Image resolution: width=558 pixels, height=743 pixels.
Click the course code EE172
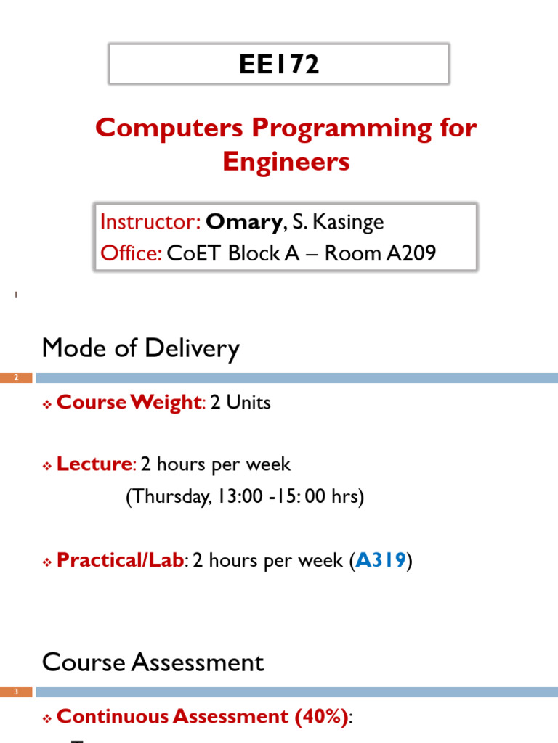tap(279, 65)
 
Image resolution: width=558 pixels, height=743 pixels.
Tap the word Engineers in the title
tap(286, 161)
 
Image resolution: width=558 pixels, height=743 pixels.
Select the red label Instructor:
tap(150, 222)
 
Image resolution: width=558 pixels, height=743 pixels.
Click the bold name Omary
tap(243, 222)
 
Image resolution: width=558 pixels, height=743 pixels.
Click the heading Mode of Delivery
tap(140, 349)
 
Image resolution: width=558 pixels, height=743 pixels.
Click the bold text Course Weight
tap(128, 403)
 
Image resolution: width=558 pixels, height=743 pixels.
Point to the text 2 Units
tap(240, 403)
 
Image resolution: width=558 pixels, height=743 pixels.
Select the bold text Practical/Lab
tap(121, 560)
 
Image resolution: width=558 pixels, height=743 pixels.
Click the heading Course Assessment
tap(153, 662)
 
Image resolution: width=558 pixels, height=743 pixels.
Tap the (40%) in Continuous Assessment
tap(320, 717)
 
